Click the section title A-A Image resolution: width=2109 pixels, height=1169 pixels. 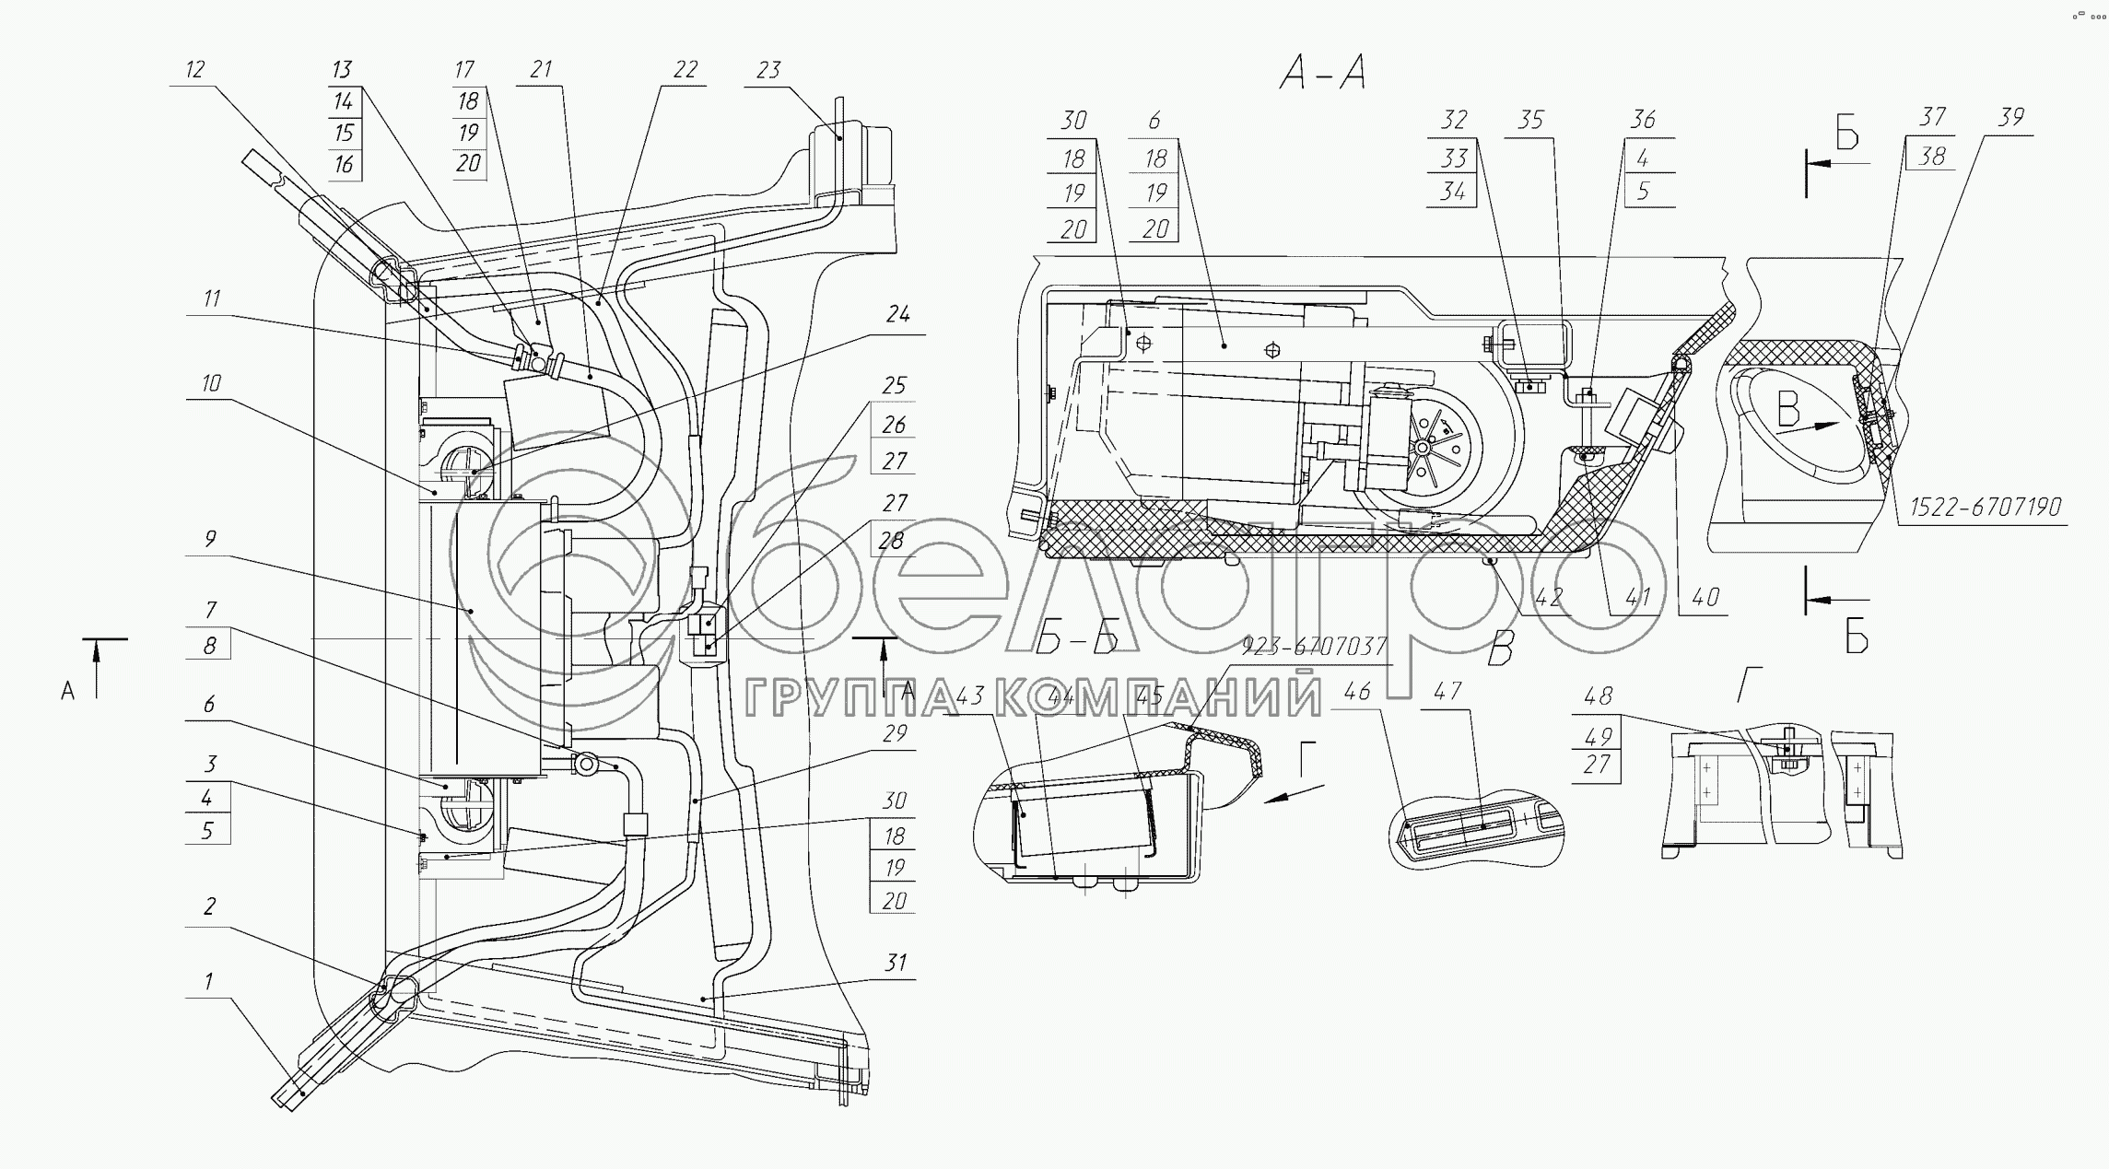(x=1322, y=72)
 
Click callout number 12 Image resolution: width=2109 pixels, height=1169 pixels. (x=194, y=70)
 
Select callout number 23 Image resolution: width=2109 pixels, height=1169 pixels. (x=768, y=70)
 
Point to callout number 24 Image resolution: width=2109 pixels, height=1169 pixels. (x=897, y=315)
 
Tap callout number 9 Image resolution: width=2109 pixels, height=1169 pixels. (x=210, y=539)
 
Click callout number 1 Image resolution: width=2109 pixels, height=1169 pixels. (x=209, y=981)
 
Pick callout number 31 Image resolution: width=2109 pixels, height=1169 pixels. (x=895, y=963)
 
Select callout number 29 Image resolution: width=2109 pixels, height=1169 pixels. (x=895, y=733)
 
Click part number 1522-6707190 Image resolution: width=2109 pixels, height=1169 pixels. (x=1985, y=508)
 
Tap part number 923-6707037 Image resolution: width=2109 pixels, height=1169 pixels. (x=1314, y=647)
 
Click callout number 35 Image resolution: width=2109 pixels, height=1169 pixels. (x=1529, y=120)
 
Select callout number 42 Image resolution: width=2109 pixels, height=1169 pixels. (x=1548, y=597)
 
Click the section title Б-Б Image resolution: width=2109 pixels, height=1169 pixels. (x=1077, y=638)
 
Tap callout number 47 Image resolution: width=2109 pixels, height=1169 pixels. (x=1447, y=691)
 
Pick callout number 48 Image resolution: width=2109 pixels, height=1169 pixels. (x=1598, y=696)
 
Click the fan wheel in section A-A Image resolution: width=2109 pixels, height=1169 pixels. (x=1424, y=447)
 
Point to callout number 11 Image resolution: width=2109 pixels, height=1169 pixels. (x=212, y=299)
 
